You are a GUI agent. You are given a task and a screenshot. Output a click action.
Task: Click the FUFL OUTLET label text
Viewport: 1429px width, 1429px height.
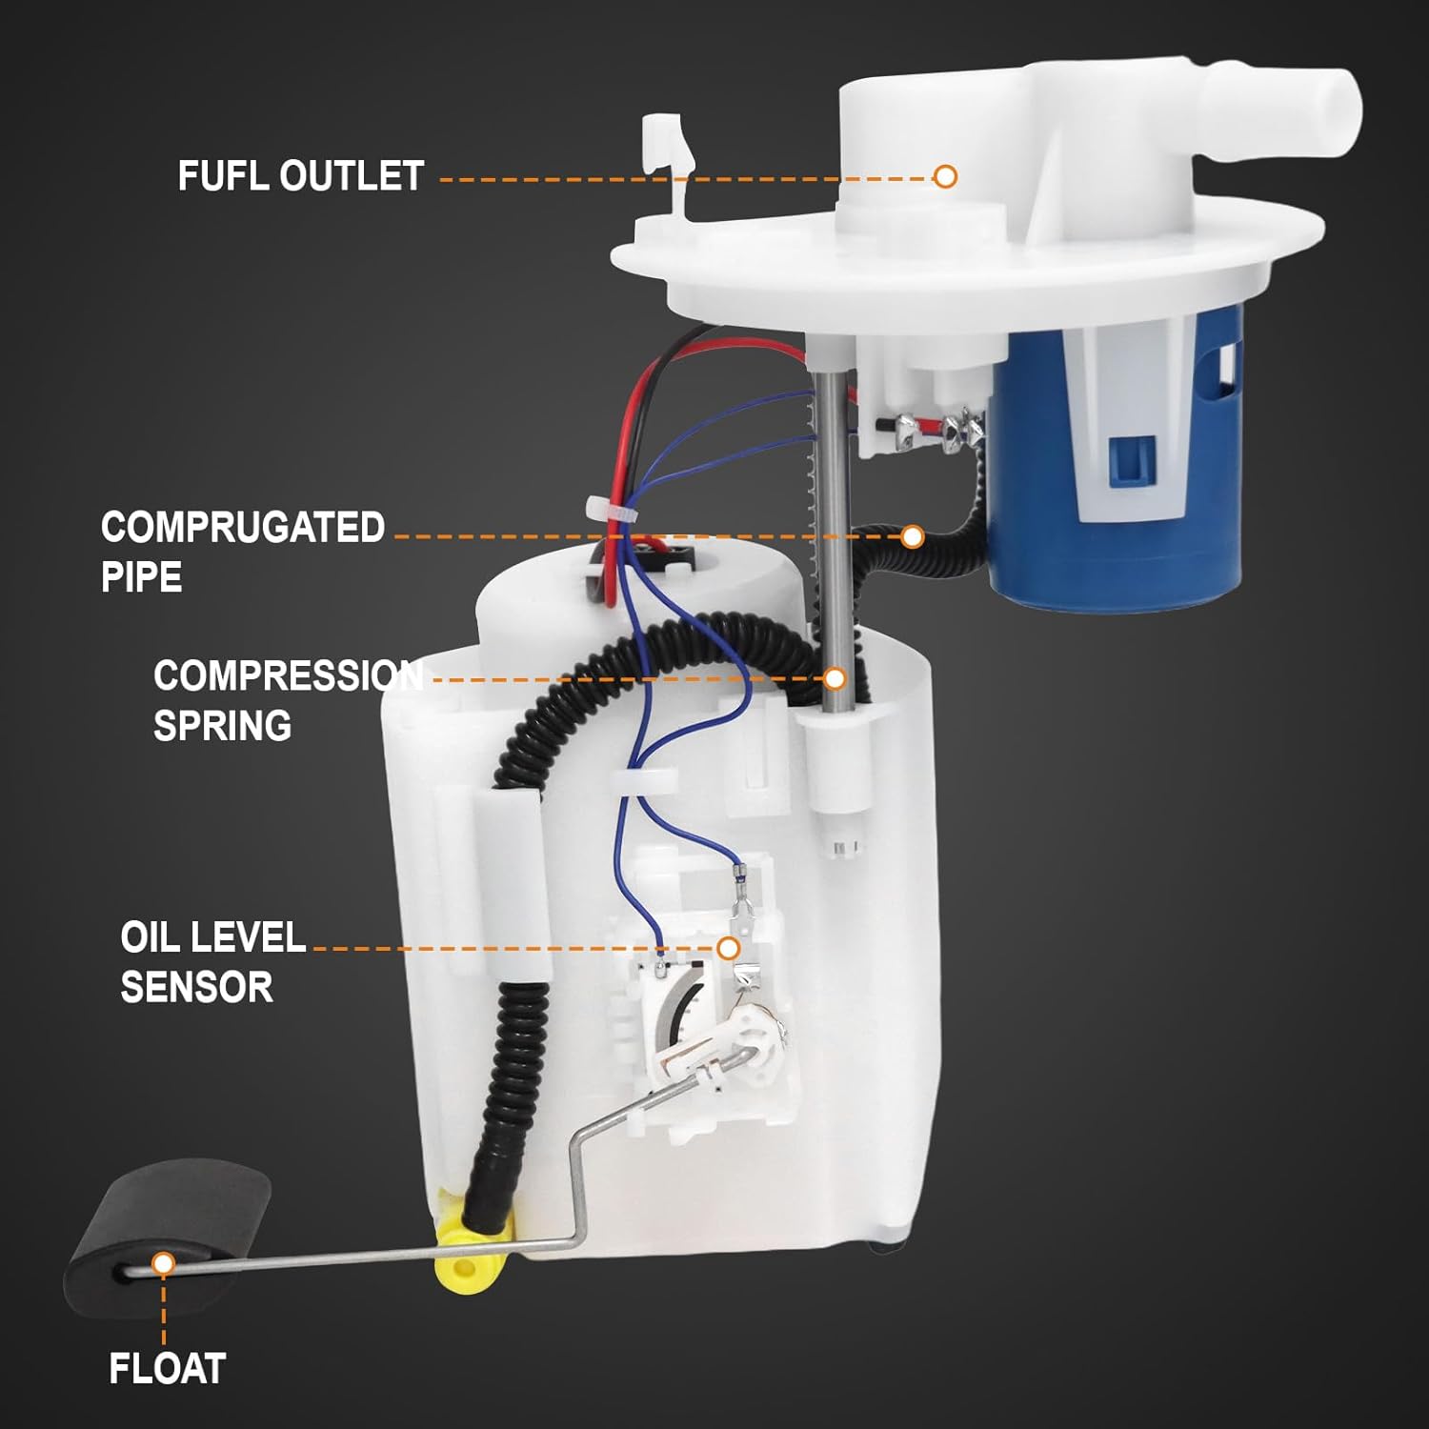(300, 176)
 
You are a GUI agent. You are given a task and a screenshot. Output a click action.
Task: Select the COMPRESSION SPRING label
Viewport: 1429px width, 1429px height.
(286, 700)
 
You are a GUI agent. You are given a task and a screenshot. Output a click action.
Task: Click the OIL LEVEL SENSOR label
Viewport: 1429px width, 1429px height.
(211, 962)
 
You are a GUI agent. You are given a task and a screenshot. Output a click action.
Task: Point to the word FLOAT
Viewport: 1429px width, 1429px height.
(167, 1369)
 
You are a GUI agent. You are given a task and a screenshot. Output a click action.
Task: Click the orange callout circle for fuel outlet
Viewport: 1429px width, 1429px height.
(945, 176)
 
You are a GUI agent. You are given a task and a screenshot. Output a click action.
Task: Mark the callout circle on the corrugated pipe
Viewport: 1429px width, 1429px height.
(912, 537)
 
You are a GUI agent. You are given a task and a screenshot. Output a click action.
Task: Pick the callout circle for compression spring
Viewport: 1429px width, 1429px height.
(835, 678)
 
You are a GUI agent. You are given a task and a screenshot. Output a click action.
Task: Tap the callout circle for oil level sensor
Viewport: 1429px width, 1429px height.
(728, 948)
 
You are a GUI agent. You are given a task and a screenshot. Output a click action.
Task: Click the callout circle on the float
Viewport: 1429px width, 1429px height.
(163, 1264)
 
